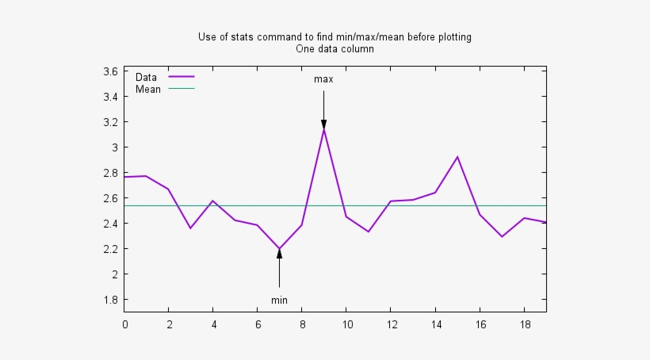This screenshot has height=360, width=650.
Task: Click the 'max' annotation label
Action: (x=323, y=79)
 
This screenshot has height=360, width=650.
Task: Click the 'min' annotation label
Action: (x=279, y=300)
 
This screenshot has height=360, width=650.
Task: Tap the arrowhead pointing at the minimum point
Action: (x=279, y=254)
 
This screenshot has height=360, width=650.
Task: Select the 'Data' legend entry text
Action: (x=146, y=77)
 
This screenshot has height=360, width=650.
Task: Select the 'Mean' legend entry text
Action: (x=148, y=89)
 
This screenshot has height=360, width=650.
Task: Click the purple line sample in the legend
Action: (x=182, y=77)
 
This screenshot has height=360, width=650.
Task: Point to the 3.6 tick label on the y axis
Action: (x=110, y=71)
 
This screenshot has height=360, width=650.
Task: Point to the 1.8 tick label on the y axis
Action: (x=110, y=300)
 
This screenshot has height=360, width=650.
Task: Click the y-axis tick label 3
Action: (x=114, y=147)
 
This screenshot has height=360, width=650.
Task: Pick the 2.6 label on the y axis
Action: (x=110, y=198)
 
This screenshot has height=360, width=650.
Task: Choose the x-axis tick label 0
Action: (x=124, y=324)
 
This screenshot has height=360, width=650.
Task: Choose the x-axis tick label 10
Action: (x=346, y=324)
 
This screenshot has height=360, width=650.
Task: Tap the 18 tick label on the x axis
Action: (x=524, y=324)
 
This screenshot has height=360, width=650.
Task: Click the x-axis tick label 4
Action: (x=213, y=324)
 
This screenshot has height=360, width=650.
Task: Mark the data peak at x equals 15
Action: (x=457, y=157)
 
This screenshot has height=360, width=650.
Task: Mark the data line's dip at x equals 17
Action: (x=502, y=236)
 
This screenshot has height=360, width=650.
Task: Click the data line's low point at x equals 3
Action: (x=190, y=228)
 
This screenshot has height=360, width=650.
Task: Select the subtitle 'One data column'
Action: (x=335, y=48)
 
